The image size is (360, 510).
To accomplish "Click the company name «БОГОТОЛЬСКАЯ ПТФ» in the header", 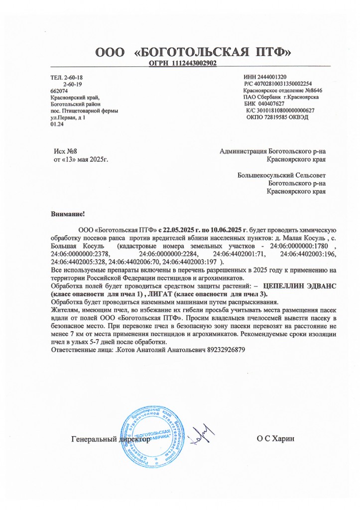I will point(213,52).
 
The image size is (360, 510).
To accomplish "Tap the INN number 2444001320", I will point(272,77).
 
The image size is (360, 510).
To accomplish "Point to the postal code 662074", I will point(60,91).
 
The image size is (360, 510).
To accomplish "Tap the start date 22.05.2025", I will point(185,230).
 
